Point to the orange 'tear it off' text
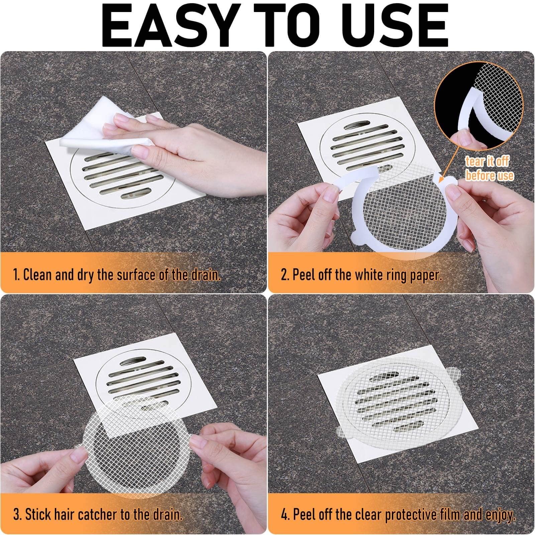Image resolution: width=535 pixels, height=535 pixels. coord(487,162)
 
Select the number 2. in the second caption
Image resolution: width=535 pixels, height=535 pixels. coord(285,275)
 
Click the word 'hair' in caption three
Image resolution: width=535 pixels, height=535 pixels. coord(63,514)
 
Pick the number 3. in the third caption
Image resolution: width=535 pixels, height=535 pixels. coord(17,514)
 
